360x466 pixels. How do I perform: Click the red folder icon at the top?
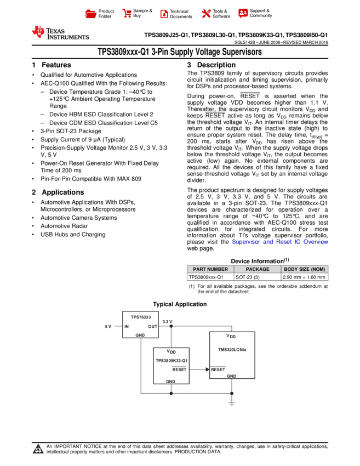pos(91,14)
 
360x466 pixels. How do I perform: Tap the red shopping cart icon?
pos(127,14)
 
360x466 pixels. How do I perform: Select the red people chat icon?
pos(243,13)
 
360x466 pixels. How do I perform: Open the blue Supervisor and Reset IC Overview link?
pos(279,242)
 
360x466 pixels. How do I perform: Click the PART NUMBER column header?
pos(210,269)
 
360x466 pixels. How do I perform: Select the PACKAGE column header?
pos(258,269)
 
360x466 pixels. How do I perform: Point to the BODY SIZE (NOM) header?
pos(305,269)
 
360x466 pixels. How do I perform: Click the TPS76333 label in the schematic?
pos(140,317)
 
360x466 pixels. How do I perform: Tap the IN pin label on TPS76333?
pos(127,326)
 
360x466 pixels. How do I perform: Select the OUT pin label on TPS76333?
pos(152,326)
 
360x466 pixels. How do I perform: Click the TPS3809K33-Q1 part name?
pos(171,361)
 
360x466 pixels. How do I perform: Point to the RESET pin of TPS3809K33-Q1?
pos(179,370)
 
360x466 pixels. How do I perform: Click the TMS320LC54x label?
pos(232,350)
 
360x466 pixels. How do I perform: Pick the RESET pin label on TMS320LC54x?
pos(218,370)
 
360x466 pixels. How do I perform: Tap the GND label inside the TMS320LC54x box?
pos(231,376)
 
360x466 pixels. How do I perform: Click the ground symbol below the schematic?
pos(231,404)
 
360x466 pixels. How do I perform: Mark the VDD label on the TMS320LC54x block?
pos(231,336)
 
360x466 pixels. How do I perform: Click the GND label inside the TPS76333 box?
pos(140,335)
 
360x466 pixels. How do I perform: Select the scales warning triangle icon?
pos(38,450)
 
